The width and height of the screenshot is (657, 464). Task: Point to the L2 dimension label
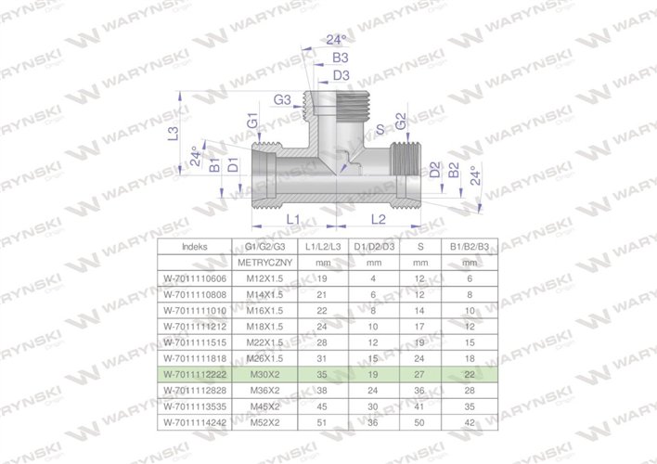point(379,219)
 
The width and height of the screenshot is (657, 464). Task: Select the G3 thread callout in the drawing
point(283,99)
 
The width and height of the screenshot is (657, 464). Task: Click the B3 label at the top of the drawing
point(341,58)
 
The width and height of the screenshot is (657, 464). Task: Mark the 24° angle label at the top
point(337,40)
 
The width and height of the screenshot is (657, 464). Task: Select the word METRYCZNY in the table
point(265,263)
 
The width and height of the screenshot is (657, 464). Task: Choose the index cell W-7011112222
point(195,373)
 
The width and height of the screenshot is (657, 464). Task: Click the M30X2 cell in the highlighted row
point(265,373)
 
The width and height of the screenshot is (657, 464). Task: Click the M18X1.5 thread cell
point(265,326)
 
